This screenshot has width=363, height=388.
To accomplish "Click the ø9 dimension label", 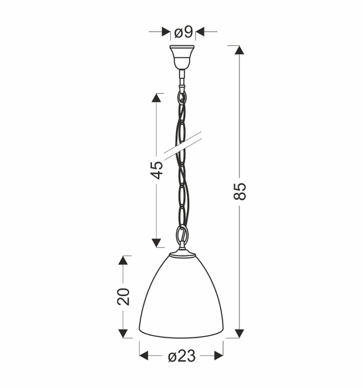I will (182, 30).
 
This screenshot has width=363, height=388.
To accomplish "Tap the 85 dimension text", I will (240, 191).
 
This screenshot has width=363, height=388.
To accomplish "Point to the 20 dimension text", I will (124, 296).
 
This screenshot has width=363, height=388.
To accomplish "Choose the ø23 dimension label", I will (182, 356).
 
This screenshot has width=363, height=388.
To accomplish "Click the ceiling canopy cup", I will (182, 57).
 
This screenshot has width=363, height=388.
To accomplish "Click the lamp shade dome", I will (182, 297).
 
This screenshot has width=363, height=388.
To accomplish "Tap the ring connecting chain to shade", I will (182, 239).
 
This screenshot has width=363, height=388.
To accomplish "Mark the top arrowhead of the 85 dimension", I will (240, 50).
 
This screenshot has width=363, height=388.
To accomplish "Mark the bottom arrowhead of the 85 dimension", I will (240, 332).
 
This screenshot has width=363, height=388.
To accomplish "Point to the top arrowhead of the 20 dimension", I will (124, 260).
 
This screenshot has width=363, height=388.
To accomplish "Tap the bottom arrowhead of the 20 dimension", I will (124, 332).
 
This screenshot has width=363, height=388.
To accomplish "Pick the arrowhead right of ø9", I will (200, 30).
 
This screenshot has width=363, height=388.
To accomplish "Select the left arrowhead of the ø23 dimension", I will (144, 356).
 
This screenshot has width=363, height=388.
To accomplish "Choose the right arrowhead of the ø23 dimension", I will (219, 356).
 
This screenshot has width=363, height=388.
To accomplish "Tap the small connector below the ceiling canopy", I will (182, 81).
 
